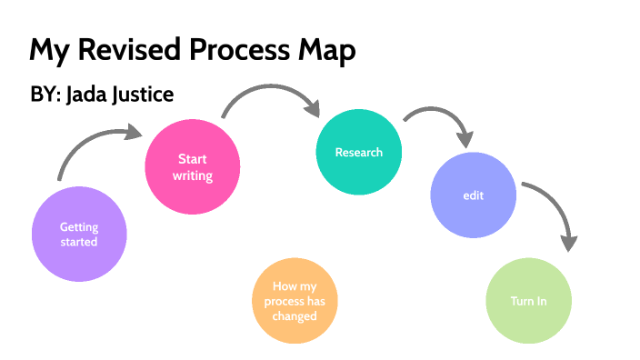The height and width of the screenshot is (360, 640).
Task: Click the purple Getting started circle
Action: pos(78,235)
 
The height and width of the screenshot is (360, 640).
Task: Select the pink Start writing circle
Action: pos(193,167)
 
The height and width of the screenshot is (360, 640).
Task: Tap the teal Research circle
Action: pos(358,152)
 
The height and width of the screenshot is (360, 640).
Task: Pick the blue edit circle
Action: pos(473,195)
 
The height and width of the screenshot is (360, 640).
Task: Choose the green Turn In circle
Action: pos(528,301)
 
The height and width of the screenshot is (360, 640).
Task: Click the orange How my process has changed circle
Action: pos(295,302)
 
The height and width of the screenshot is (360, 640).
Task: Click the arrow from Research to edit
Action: pos(440,119)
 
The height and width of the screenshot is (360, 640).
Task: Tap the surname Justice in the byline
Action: pos(143,95)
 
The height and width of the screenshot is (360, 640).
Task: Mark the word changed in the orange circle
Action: pos(295,316)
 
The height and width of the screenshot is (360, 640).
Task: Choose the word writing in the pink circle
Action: pos(193,175)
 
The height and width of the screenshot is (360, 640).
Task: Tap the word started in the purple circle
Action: pos(78,243)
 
